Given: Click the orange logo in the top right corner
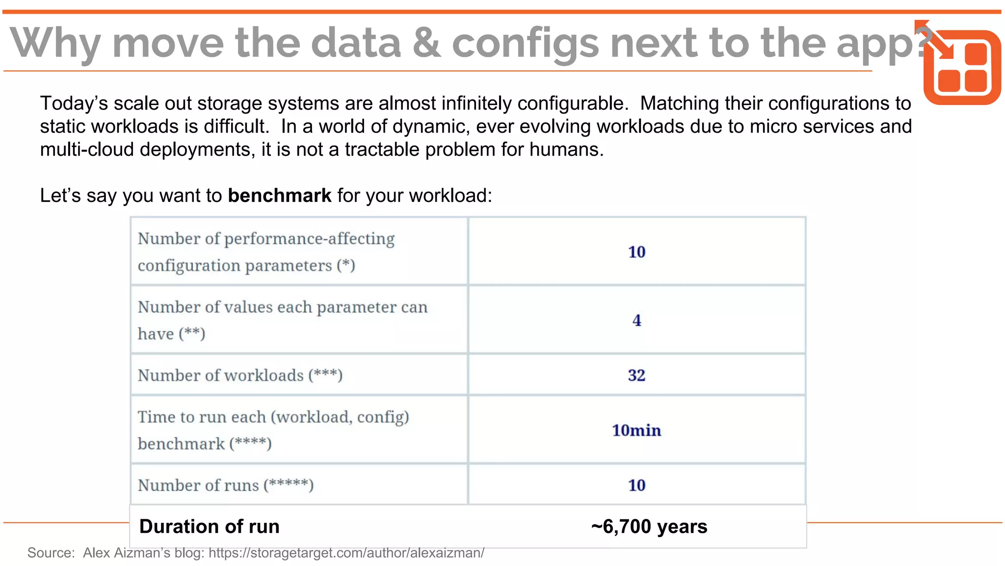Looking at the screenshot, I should (x=961, y=66).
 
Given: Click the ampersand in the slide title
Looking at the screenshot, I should (x=426, y=43).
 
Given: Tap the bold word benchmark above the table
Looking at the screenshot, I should (x=280, y=196).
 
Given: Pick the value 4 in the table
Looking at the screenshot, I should (x=636, y=320).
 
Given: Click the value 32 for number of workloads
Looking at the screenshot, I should (x=636, y=375).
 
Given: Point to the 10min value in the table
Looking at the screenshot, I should (x=636, y=430).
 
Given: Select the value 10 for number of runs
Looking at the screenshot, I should (x=636, y=485).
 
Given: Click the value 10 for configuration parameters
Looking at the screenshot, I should (x=636, y=252).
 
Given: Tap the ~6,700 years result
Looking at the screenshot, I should (x=649, y=527).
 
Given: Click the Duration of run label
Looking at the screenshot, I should (x=210, y=527).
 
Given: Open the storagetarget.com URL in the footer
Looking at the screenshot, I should (x=346, y=553).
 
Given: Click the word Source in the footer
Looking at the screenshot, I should (x=51, y=553).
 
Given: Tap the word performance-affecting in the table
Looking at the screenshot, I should (x=309, y=239).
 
